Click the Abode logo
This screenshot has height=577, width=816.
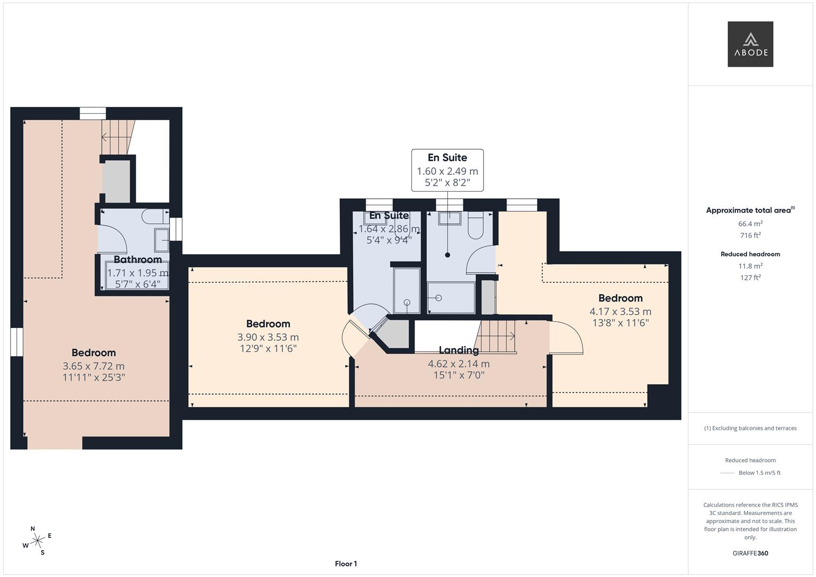coord(750,44)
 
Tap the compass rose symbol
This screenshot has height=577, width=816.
coord(37,541)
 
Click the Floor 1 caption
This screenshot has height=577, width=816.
coord(346,564)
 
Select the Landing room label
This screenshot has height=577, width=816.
coord(458,350)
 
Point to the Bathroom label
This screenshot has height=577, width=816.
coord(137,260)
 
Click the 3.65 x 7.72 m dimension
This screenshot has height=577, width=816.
coord(94,366)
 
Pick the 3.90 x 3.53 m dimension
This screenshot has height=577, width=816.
coord(268,337)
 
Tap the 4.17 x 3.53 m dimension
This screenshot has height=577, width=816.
coord(620,311)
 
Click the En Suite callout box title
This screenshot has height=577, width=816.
coord(447,158)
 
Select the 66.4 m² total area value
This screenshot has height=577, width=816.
coord(750,224)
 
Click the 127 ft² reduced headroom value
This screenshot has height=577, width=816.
coord(750,277)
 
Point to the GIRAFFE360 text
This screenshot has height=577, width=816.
coord(750,553)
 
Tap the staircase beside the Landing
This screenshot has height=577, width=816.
coord(498,336)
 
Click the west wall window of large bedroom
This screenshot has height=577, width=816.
coord(17,341)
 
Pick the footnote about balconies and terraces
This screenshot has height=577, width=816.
coord(750,428)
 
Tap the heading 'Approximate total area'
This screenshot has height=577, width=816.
coord(748,210)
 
